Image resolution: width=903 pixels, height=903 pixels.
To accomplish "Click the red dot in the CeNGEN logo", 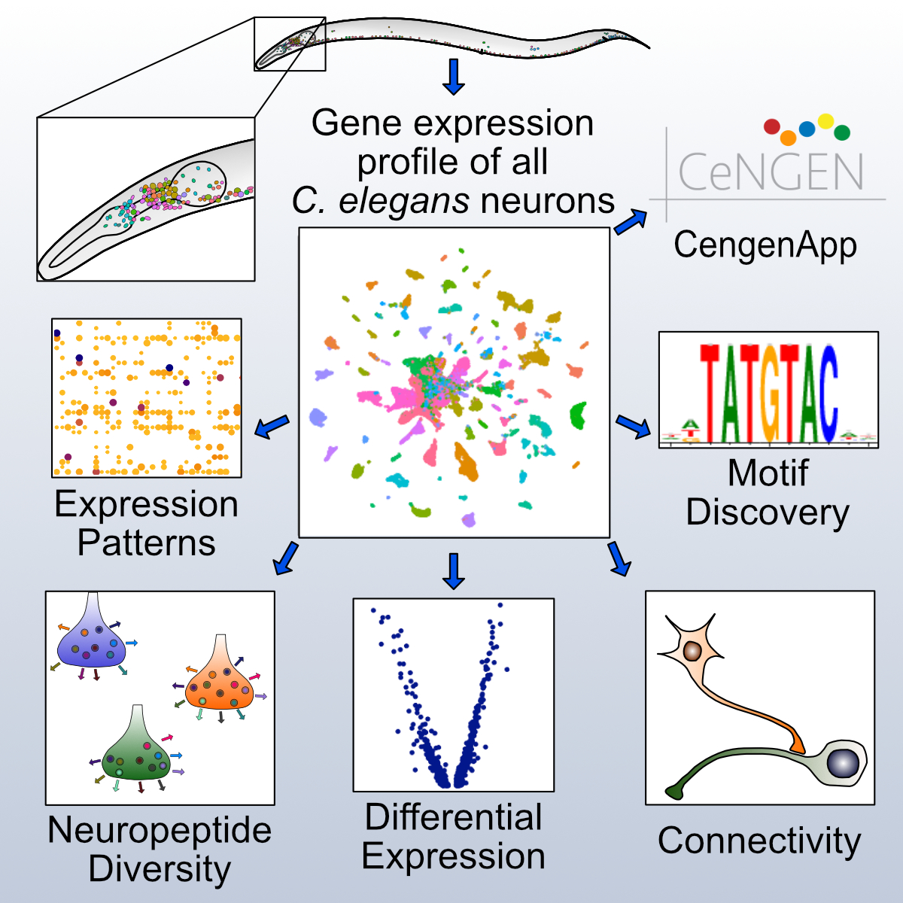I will (771, 126).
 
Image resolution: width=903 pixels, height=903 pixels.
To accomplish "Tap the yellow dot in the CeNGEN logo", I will (825, 120).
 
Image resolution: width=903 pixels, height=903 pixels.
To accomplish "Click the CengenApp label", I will (765, 245).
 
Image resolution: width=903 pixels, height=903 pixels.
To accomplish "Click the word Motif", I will (768, 473).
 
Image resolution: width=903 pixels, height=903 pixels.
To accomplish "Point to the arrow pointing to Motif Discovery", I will (633, 426).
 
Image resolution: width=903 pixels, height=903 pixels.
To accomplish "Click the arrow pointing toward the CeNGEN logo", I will (631, 222).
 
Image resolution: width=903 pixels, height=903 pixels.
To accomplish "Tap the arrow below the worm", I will (453, 77).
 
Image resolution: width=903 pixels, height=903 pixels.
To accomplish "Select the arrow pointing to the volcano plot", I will (453, 570).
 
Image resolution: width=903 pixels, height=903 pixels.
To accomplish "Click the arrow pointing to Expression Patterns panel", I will (272, 426).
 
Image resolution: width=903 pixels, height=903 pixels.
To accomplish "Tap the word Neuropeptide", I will (160, 831).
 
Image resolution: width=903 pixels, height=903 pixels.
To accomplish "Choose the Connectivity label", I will (759, 841).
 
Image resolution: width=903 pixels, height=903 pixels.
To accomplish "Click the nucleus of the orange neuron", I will (692, 650).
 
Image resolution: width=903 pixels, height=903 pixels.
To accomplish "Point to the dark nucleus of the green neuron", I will (842, 763).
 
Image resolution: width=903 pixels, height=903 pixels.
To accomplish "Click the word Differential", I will (453, 817).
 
